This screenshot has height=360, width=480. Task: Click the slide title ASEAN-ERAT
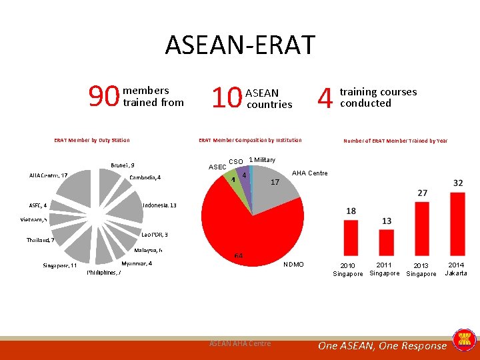tap(240, 45)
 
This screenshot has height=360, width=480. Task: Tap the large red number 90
tap(105, 98)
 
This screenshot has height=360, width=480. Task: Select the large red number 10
tap(226, 98)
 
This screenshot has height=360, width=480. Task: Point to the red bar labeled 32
tap(458, 223)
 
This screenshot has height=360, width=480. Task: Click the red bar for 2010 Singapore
tap(351, 237)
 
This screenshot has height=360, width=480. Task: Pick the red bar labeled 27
tap(422, 227)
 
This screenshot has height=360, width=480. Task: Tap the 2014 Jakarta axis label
tap(456, 269)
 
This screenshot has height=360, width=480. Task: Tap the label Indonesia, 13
tap(159, 205)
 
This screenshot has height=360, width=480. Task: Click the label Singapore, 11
tap(60, 265)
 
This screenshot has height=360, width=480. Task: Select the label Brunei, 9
tap(123, 165)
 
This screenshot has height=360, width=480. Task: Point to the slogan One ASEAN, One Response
tap(382, 345)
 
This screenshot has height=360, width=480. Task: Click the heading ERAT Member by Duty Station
tap(92, 140)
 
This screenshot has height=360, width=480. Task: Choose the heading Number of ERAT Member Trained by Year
tap(395, 141)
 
